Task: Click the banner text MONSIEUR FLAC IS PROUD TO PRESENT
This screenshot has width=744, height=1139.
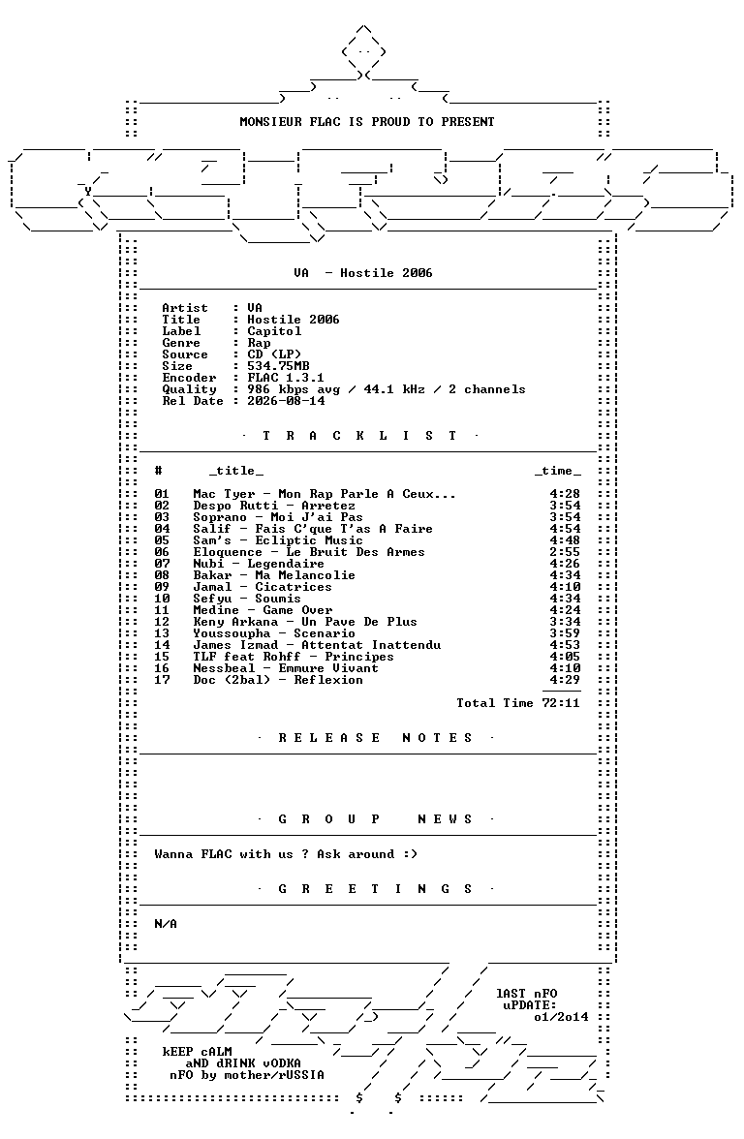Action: click(367, 122)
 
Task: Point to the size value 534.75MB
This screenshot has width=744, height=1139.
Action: click(278, 366)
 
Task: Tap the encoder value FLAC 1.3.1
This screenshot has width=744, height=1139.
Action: click(286, 378)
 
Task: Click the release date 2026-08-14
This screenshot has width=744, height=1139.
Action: click(286, 401)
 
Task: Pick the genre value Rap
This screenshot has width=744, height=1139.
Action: click(259, 343)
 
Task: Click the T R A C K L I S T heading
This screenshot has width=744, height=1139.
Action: click(359, 436)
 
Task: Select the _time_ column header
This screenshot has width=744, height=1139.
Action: click(557, 471)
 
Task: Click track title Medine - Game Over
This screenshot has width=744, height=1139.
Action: click(263, 610)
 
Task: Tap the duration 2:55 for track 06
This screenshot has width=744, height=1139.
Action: click(565, 552)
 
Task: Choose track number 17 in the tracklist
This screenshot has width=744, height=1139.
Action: click(162, 680)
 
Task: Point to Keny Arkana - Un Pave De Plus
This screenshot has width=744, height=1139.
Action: click(305, 622)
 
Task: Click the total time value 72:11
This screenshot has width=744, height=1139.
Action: click(561, 703)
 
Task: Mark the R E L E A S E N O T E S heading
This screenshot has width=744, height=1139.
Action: click(376, 738)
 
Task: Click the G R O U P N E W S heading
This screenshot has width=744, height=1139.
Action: click(376, 819)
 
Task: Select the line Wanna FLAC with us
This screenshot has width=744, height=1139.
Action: click(286, 854)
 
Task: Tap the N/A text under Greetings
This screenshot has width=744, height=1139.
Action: click(166, 924)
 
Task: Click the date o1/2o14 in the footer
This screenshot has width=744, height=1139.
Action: click(561, 1017)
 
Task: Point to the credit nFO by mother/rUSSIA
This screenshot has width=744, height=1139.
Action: click(247, 1075)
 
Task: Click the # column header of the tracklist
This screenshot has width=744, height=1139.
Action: click(159, 471)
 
